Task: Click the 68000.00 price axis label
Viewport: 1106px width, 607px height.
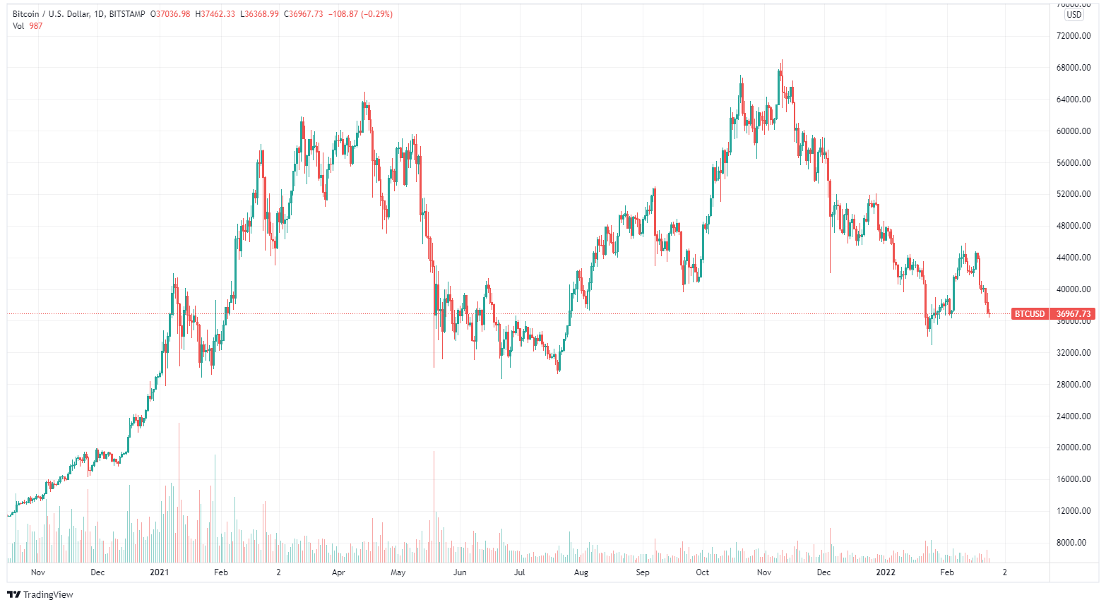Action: [1074, 68]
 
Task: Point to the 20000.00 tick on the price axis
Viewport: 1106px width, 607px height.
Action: [1074, 447]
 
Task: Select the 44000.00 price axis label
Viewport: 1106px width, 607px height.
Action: [1074, 258]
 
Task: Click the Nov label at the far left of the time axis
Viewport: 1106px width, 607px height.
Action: [38, 572]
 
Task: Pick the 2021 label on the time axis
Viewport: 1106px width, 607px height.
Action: [160, 572]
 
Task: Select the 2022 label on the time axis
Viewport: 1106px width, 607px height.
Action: [885, 572]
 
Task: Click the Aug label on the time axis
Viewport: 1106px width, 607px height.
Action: [581, 572]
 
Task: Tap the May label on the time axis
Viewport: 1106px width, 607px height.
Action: [398, 572]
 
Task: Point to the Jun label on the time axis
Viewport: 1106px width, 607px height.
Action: [460, 572]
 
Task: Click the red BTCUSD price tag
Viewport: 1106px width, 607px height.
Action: [1029, 314]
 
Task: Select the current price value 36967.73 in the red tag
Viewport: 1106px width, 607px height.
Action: [1074, 314]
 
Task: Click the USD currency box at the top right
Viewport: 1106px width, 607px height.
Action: [1074, 15]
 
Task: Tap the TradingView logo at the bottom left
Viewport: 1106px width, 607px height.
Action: [40, 594]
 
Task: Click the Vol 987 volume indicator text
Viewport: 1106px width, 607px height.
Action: [28, 26]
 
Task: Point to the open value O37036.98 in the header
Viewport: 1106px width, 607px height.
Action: [170, 14]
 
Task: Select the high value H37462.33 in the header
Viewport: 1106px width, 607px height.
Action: [218, 14]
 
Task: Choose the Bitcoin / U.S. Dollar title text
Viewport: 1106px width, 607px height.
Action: [50, 14]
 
